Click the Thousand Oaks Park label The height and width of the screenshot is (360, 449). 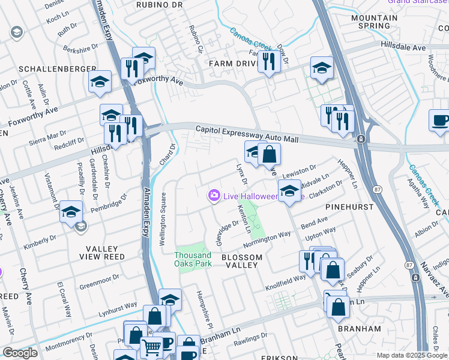(193, 259)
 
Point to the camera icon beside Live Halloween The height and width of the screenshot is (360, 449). (213, 196)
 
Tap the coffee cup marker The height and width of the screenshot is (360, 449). (440, 120)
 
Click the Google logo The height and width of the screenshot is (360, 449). (20, 353)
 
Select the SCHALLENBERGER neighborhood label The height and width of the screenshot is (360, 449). (58, 69)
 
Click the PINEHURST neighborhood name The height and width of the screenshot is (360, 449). (349, 206)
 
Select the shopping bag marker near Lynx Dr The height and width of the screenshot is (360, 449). (270, 155)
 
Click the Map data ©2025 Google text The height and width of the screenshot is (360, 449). (412, 355)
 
